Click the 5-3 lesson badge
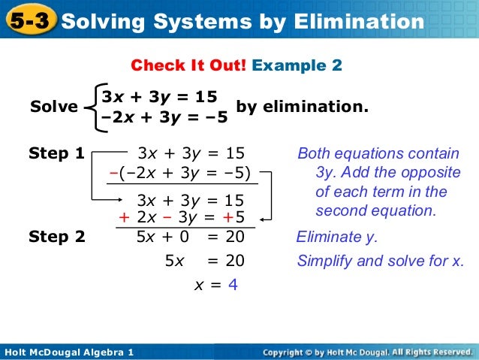tap(29, 22)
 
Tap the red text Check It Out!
tap(188, 66)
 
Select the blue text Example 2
tap(297, 66)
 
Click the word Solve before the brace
tap(53, 107)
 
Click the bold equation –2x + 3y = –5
tap(164, 118)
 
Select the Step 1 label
tap(56, 153)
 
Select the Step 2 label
tap(56, 237)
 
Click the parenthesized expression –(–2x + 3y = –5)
tap(179, 171)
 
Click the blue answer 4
tap(232, 285)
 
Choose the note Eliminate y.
tap(337, 237)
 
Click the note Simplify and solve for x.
tap(381, 261)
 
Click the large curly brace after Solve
tap(91, 107)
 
